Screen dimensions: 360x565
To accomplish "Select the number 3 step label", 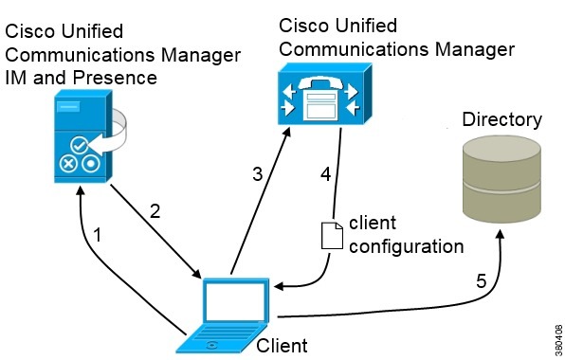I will [256, 174].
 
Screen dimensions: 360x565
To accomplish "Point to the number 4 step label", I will [326, 174].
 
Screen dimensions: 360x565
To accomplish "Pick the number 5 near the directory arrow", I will [480, 280].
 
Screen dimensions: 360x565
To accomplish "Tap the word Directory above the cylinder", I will [501, 119].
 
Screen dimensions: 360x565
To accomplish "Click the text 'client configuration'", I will [406, 235].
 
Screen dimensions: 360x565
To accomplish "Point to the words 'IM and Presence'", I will [82, 78].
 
